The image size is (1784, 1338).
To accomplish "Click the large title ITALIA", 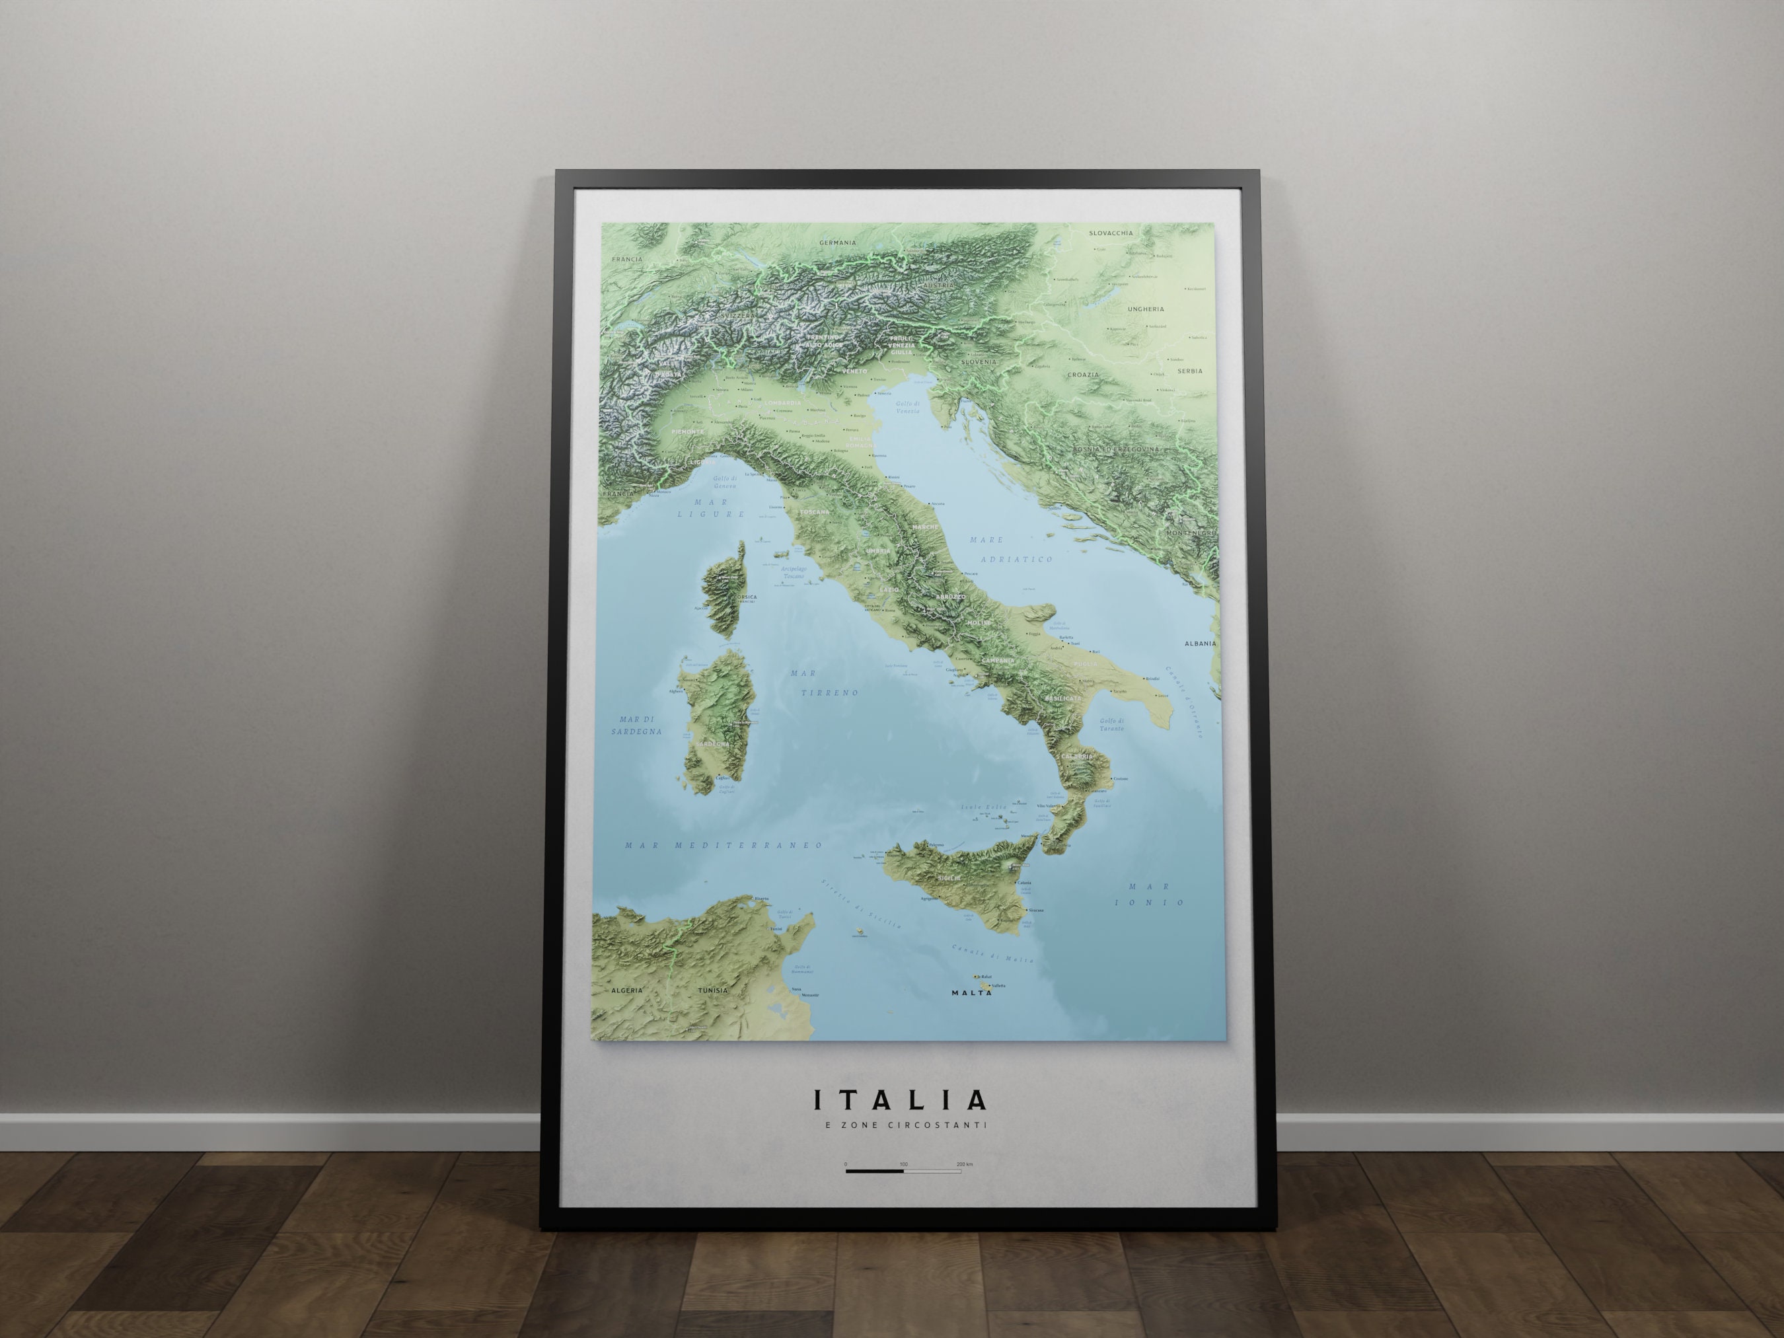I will pyautogui.click(x=900, y=1100).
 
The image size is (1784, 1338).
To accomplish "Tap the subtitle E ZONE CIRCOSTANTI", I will pyautogui.click(x=900, y=1125).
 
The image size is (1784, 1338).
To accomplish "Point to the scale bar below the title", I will pyautogui.click(x=903, y=1171).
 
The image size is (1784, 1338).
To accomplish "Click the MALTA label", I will pyautogui.click(x=971, y=993).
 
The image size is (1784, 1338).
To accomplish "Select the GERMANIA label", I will pyautogui.click(x=837, y=242).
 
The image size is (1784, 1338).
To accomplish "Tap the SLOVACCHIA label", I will pyautogui.click(x=1111, y=233).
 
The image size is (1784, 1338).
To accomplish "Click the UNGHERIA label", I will pyautogui.click(x=1145, y=309).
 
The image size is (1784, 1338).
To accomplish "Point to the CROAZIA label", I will pyautogui.click(x=1082, y=375).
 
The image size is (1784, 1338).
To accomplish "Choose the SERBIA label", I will pyautogui.click(x=1189, y=371).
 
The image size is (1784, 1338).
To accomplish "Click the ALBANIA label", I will pyautogui.click(x=1200, y=644).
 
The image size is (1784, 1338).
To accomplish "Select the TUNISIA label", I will pyautogui.click(x=712, y=990).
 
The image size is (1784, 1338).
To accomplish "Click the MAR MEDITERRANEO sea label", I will pyautogui.click(x=724, y=845).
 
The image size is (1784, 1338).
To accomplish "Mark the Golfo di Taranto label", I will pyautogui.click(x=1111, y=724).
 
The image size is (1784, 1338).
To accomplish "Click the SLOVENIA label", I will pyautogui.click(x=979, y=362).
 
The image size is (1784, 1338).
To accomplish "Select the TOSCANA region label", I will pyautogui.click(x=814, y=512).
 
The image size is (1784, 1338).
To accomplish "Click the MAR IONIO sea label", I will pyautogui.click(x=1149, y=893).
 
